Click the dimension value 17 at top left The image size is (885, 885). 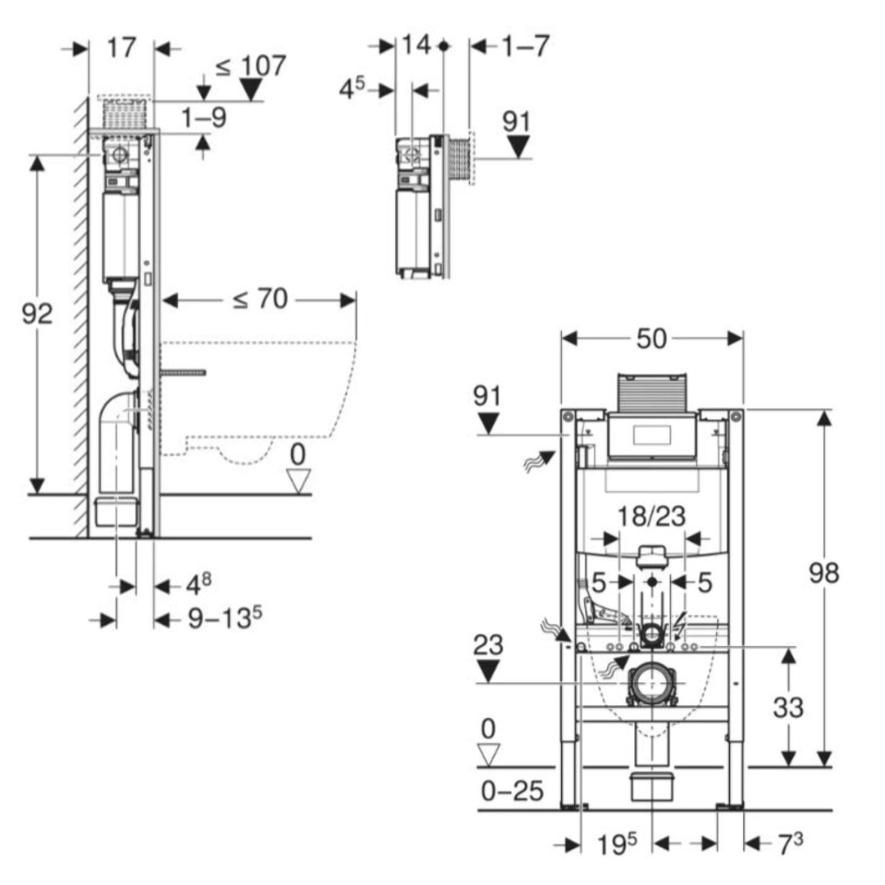click(x=122, y=48)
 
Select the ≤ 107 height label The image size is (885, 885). click(x=250, y=66)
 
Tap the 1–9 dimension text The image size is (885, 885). click(x=204, y=117)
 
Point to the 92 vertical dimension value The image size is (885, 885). click(x=37, y=314)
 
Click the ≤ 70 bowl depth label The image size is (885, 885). click(x=259, y=299)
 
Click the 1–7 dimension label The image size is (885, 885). click(x=525, y=47)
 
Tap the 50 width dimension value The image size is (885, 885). click(x=652, y=339)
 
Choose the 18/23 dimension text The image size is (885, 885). click(x=652, y=517)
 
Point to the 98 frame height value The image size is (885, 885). click(x=824, y=574)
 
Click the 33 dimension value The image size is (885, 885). click(x=788, y=708)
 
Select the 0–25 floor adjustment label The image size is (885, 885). click(x=513, y=791)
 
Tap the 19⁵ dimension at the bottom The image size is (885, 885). click(x=617, y=844)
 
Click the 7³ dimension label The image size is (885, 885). click(x=790, y=844)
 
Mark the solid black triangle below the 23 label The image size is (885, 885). click(x=489, y=671)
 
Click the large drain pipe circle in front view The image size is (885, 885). click(x=651, y=684)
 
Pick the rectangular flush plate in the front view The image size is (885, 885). click(x=652, y=436)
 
